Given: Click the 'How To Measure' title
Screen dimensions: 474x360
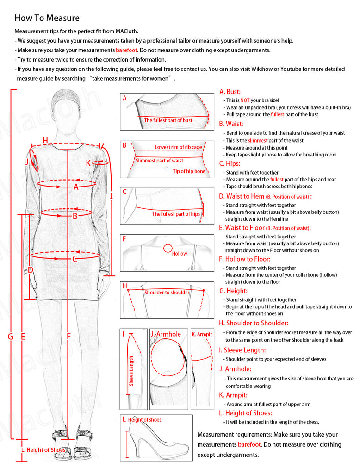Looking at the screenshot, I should pos(47,18).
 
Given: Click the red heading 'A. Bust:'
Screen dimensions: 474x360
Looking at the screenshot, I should pos(230,92).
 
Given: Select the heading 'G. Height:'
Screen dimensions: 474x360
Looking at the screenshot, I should pos(233,291).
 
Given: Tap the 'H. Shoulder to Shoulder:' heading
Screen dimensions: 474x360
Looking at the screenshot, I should pos(254,323).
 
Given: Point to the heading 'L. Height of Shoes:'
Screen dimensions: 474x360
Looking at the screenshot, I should pos(245,413).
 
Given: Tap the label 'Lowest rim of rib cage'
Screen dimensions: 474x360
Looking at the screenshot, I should pos(178,147).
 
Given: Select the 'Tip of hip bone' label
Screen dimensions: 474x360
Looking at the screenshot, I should pos(189,171).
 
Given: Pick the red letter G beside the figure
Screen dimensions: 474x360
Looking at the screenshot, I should pos(10,337).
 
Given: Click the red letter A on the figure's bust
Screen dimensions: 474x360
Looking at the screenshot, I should pos(76,187).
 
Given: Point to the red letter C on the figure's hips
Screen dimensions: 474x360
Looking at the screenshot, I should pos(74,259).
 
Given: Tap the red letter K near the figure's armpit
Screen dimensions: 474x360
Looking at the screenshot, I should pos(88,163).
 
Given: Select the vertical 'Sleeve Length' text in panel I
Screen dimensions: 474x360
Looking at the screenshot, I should pos(131,371).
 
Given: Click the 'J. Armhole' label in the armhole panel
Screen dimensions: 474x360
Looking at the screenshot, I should pos(166,334).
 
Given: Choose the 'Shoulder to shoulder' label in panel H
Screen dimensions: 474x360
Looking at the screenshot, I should pos(167,293).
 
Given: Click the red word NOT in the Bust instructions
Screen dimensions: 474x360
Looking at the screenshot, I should pos(245,100).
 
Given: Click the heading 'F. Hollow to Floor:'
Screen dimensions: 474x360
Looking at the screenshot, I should pos(245,259).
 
